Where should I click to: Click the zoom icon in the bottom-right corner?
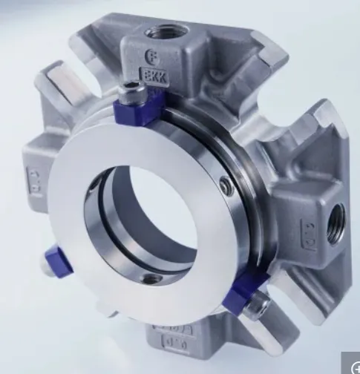[350, 364]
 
